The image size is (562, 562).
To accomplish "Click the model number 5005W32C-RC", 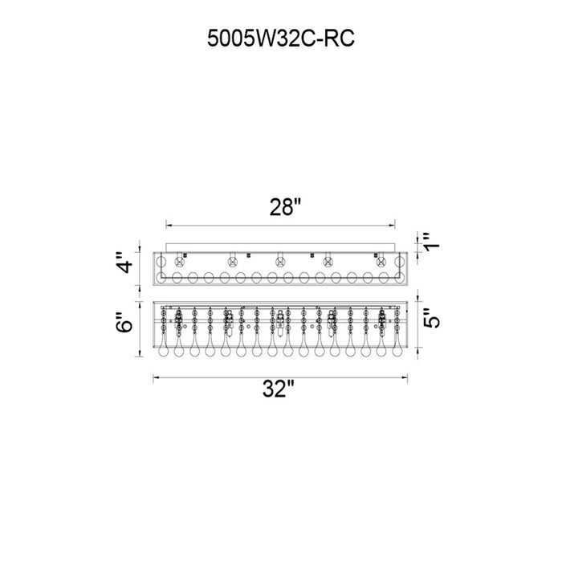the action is pos(281,39).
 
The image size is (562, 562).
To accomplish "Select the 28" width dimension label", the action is pos(285,207).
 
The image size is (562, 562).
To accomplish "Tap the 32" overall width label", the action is pos(279,389).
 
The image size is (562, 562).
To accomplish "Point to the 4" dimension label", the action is pos(125,263).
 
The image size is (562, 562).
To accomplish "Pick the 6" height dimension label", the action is pos(125,322).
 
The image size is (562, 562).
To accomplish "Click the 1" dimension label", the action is pos(431,242).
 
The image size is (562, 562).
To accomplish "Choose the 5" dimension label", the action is pos(431,318).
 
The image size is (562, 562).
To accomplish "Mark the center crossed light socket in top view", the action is pos(280,262).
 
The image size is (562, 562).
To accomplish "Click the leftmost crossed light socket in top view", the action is pos(179,262).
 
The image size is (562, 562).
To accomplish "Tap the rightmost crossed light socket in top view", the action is pos(381,262).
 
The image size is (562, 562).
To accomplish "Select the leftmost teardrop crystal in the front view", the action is pos(163,348).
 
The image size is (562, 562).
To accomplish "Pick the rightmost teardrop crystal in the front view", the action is pos(397,348).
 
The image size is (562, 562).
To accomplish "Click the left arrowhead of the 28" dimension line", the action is pos(169,226).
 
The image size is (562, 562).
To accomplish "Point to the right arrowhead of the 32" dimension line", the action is pos(405,377).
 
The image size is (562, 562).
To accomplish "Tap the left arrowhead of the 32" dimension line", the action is pos(156,377).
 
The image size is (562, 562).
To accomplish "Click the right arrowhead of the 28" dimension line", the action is pos(392,226).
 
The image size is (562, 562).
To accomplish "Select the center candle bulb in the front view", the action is pos(280,324).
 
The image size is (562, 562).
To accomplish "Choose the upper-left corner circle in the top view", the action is pos(161,262).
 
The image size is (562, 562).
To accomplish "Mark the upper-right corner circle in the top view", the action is pos(399,262).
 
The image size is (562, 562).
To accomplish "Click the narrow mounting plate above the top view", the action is pos(280,247).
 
